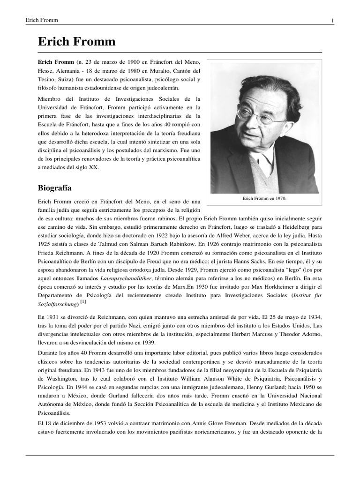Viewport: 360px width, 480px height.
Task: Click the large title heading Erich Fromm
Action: coord(76,42)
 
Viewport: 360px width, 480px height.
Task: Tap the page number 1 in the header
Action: coord(332,20)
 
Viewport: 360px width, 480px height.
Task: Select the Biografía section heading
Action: coord(54,188)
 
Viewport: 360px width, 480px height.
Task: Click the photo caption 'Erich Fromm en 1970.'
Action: coord(264,198)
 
